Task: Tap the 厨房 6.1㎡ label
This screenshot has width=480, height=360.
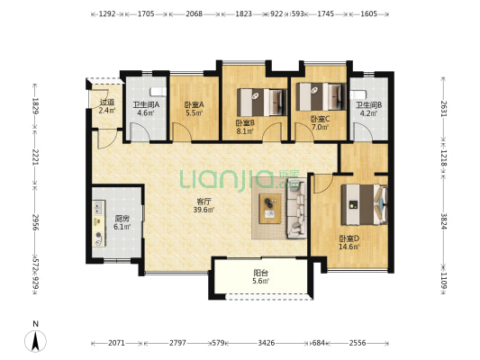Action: point(122,222)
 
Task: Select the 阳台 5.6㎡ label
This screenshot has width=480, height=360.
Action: point(260,276)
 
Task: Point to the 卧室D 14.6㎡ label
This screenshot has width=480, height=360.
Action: point(349,242)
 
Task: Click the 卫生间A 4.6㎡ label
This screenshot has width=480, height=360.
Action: point(146,109)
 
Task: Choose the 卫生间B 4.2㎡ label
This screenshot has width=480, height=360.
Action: point(368,109)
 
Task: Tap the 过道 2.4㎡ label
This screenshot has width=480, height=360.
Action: point(107,106)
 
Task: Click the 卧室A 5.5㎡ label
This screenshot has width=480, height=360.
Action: point(195,109)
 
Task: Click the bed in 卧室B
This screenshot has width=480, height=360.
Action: point(262,103)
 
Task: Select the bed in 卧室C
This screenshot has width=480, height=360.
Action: point(321,96)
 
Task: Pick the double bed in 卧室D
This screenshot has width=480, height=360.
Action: point(365,204)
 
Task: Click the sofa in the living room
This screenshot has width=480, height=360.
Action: point(296,209)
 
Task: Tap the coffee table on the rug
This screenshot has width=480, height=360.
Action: point(270,208)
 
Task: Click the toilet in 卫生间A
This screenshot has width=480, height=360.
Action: point(158,92)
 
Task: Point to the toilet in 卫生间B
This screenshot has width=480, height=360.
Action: point(358,94)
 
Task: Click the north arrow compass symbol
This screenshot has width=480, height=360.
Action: point(35,341)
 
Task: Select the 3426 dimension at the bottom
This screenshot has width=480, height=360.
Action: point(266,343)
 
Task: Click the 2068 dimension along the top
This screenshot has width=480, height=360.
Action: point(195,13)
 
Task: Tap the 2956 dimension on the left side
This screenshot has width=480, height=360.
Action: point(36,223)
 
